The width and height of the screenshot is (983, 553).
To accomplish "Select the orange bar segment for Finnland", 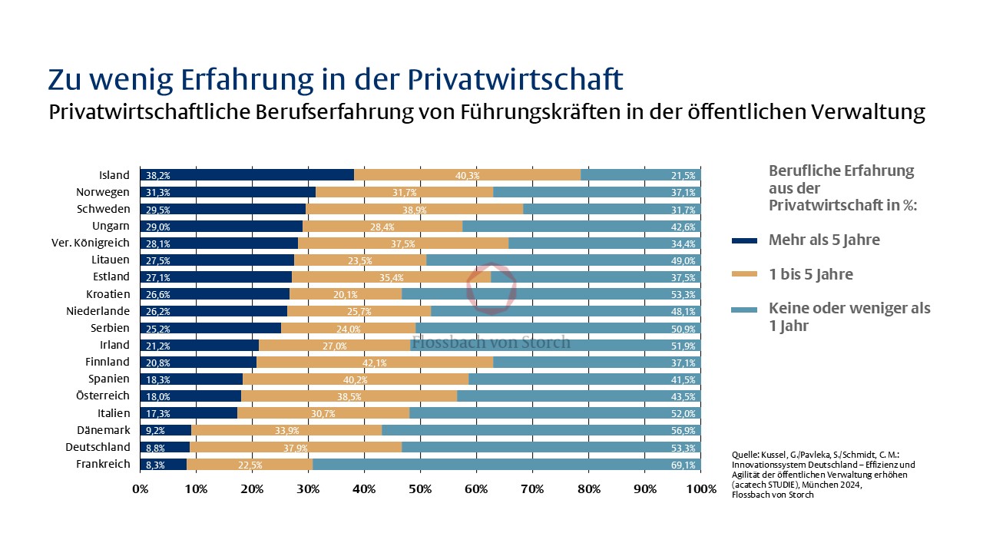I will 375,362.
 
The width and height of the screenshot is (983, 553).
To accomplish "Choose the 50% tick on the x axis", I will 420,488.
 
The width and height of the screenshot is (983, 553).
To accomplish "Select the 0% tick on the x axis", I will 141,488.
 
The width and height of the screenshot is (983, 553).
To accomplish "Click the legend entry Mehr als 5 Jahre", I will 824,240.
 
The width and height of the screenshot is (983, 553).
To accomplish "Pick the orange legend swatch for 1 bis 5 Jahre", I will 744,275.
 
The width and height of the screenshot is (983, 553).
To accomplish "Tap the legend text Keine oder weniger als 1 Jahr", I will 849,316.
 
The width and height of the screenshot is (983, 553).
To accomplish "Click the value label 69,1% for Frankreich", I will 683,465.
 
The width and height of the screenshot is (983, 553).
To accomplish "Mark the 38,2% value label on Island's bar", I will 157,176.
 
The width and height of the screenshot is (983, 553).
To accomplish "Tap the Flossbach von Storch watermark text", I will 491,342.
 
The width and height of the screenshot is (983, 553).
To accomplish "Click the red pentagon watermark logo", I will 491,290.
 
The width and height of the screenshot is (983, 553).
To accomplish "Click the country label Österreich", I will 103,396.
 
